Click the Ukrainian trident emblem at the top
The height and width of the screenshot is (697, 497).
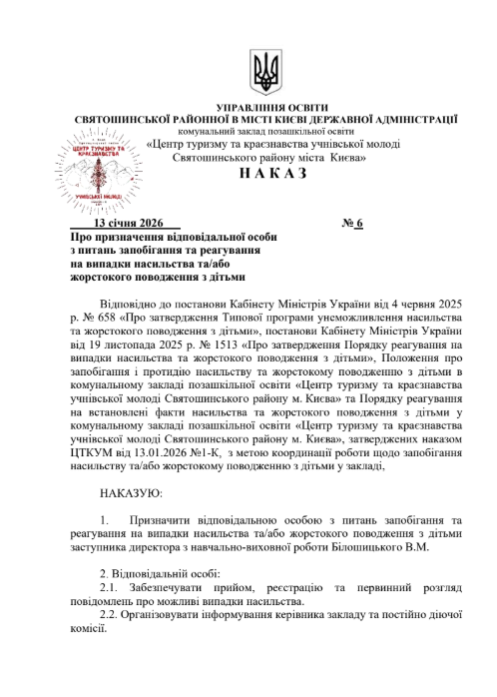(x=264, y=73)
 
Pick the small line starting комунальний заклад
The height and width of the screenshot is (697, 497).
(x=263, y=131)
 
